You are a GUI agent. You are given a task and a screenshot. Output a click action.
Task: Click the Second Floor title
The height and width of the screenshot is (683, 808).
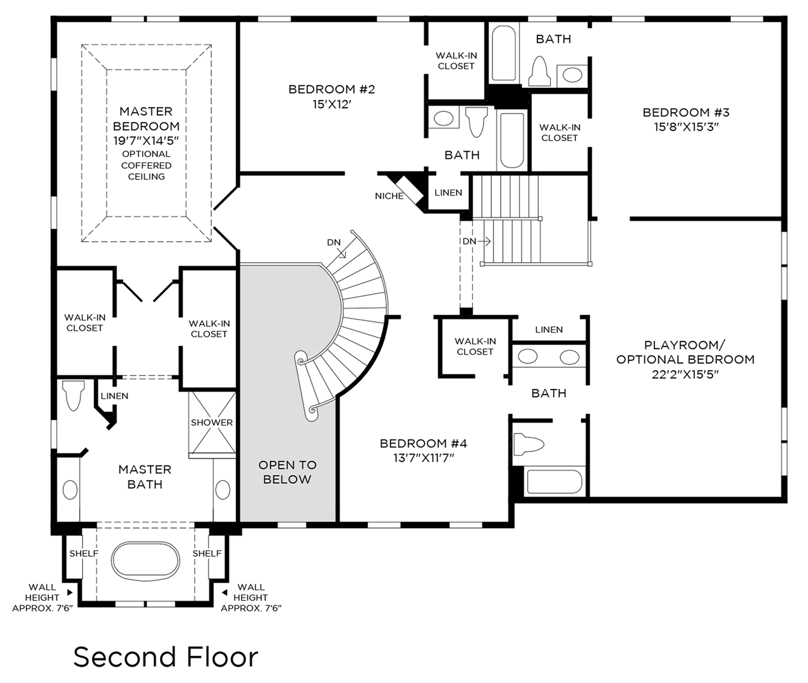tap(166, 658)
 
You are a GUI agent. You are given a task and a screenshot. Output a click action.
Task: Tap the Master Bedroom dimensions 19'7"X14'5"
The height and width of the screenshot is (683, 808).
tap(146, 140)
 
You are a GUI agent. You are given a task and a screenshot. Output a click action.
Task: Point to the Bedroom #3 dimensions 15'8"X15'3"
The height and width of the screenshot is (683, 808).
tap(686, 126)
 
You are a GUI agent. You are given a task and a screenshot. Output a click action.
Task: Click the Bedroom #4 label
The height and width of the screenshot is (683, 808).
tap(423, 443)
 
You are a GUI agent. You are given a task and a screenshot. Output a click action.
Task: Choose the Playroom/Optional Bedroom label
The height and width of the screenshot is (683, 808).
tap(685, 352)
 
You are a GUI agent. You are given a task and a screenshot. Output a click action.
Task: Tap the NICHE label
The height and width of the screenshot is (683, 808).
tap(389, 196)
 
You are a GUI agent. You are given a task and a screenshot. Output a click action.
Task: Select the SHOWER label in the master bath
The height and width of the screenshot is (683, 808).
tap(212, 422)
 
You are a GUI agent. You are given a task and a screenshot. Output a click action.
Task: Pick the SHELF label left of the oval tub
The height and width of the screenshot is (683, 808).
tap(83, 553)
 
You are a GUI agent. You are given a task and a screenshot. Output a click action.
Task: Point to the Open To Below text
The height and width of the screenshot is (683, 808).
tap(287, 472)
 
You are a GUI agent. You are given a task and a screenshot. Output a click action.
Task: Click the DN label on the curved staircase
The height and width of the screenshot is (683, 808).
tap(334, 242)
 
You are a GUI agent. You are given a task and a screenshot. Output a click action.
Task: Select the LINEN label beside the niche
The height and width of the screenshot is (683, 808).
tap(448, 192)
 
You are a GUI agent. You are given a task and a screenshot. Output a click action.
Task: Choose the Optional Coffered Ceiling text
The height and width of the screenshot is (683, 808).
tap(146, 165)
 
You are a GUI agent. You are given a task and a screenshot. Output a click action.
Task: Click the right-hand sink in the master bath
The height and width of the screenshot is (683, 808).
tap(223, 489)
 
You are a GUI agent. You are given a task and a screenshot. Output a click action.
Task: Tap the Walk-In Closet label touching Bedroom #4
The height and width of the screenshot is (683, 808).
tap(474, 346)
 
